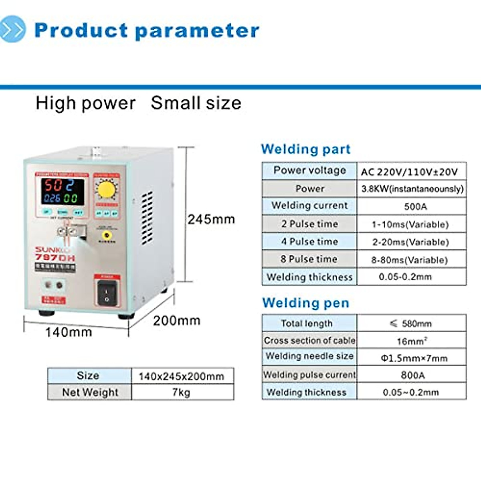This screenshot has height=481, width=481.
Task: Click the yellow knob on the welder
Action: pos(107,189)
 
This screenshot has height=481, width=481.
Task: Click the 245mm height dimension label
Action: pos(211,219)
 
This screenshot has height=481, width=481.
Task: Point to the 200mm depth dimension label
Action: pos(177,321)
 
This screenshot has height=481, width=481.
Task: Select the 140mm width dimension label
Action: pos(69,332)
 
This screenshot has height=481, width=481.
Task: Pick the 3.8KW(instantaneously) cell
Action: pos(412,189)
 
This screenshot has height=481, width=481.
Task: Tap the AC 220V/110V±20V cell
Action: pos(409,172)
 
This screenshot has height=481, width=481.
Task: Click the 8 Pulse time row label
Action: pos(309,259)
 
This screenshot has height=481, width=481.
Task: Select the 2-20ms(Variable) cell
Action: pos(410,242)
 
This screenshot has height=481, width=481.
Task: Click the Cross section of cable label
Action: pos(309,340)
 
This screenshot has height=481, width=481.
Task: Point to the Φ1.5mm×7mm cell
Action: pos(414,358)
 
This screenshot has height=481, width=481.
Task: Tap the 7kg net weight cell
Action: pos(181,392)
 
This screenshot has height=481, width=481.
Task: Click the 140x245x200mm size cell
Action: pos(181,376)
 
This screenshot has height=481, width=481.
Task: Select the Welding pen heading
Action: pos(305,303)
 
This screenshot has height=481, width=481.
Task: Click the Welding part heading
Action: pos(305,149)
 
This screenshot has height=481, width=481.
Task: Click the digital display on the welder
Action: pos(62,192)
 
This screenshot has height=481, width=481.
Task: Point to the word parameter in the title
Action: pos(197,31)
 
